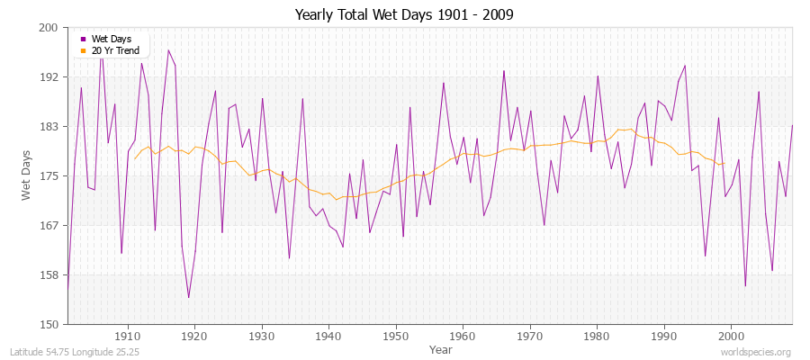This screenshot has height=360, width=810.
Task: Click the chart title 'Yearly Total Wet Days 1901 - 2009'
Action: (x=405, y=15)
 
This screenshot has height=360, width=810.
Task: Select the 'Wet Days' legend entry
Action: (x=112, y=39)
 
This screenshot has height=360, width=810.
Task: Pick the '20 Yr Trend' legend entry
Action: (x=116, y=50)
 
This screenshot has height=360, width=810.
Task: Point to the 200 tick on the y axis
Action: (x=49, y=28)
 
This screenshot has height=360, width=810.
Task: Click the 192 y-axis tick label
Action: (x=49, y=77)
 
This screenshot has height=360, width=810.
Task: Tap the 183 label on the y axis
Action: (x=49, y=127)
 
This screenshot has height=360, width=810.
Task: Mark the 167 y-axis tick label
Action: (x=49, y=225)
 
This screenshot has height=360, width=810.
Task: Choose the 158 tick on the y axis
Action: (x=49, y=274)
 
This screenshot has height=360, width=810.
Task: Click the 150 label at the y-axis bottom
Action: (x=49, y=324)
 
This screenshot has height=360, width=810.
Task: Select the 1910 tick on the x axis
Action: (x=128, y=336)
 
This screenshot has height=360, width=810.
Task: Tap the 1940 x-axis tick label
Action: (x=328, y=336)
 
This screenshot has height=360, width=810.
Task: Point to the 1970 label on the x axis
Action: (x=530, y=336)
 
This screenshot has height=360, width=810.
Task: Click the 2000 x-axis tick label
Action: (x=731, y=336)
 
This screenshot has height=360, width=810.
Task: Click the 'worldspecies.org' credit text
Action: (x=757, y=352)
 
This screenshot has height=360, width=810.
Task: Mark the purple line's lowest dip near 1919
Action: (x=188, y=297)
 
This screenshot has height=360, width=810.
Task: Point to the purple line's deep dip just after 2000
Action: (x=745, y=286)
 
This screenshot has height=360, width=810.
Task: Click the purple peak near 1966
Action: (x=504, y=70)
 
